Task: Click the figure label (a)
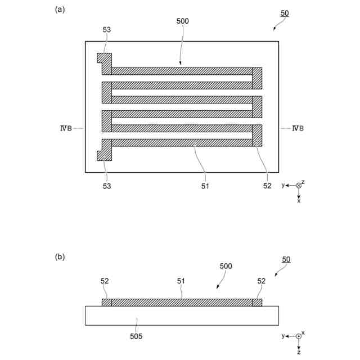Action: pyautogui.click(x=59, y=9)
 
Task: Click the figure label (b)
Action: pyautogui.click(x=59, y=257)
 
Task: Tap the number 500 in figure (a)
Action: pyautogui.click(x=182, y=21)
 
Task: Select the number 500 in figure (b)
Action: pyautogui.click(x=225, y=266)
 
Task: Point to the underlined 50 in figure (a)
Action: pyautogui.click(x=286, y=12)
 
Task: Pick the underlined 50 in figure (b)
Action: pyautogui.click(x=286, y=260)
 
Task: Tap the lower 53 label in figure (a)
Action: pyautogui.click(x=106, y=186)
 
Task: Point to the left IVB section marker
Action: pyautogui.click(x=65, y=128)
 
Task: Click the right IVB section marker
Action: pyautogui.click(x=298, y=128)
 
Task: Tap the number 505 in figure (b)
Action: pyautogui.click(x=136, y=337)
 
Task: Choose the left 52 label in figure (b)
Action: pyautogui.click(x=105, y=281)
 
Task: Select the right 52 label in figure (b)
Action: pyautogui.click(x=261, y=281)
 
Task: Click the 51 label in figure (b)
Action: pyautogui.click(x=181, y=281)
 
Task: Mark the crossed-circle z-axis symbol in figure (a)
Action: pyautogui.click(x=299, y=186)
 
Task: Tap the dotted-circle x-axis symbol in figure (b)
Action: pyautogui.click(x=299, y=336)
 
